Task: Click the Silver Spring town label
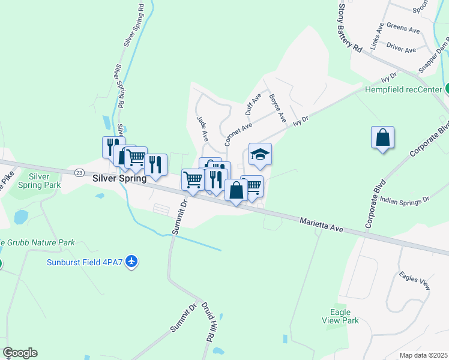point(120,178)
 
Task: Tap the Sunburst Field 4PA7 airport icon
point(133,262)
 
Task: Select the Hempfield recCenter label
point(403,90)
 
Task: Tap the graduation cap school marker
point(260,154)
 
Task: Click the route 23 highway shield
point(79,172)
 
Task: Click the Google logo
point(20,353)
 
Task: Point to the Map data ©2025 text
point(423,355)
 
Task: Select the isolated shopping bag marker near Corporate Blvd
point(382,137)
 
